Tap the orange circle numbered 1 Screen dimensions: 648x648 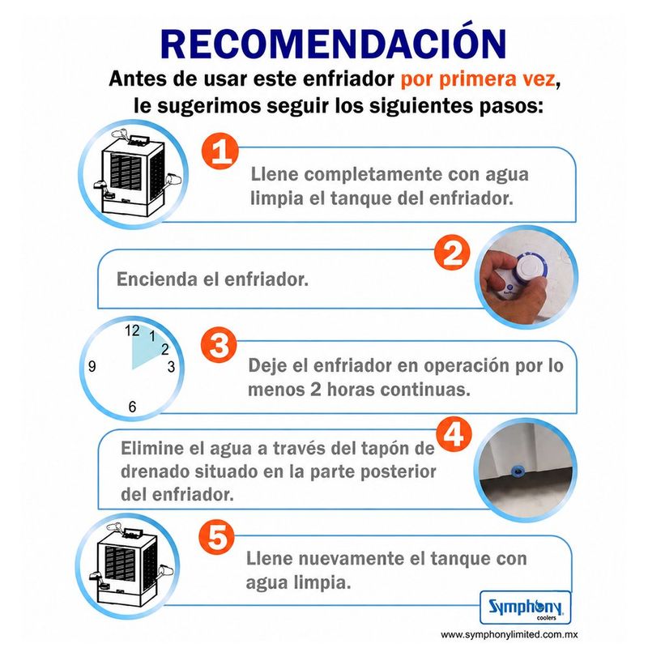click(220, 151)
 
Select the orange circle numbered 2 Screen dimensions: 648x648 click(453, 252)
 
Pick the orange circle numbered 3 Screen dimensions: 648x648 click(219, 345)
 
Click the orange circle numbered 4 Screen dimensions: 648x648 click(454, 434)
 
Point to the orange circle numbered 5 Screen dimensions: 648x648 click(216, 537)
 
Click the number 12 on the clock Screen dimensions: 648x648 click(132, 330)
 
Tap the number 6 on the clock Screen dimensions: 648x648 click(132, 407)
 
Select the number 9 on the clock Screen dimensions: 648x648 click(92, 366)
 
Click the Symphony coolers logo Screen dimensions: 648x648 click(525, 607)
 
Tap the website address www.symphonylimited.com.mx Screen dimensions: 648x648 click(509, 635)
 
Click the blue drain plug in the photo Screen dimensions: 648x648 click(517, 470)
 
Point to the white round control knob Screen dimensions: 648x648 click(531, 270)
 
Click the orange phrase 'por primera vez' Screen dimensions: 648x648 click(478, 79)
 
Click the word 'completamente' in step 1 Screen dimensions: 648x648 click(373, 174)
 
